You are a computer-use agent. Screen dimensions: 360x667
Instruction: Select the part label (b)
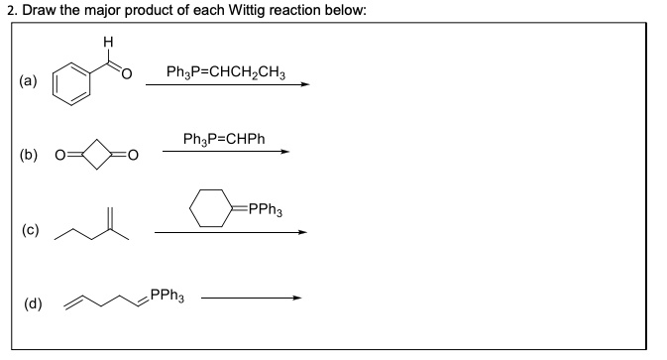31,157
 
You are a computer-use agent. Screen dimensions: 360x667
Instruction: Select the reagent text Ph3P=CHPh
224,141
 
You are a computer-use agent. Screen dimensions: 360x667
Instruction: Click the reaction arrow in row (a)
227,84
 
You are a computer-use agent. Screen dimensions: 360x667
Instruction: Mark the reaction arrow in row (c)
230,233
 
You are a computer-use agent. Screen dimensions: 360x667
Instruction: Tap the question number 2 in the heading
6,10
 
